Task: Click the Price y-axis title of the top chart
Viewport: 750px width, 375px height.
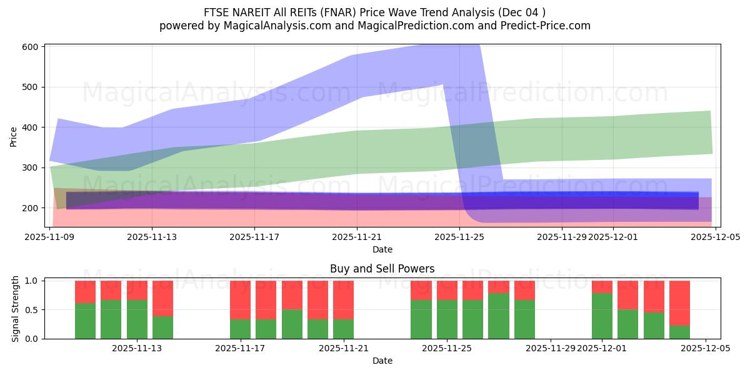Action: pyautogui.click(x=13, y=136)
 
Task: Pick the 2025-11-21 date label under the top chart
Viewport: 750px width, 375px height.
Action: pyautogui.click(x=357, y=237)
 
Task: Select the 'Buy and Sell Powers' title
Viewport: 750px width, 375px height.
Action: pyautogui.click(x=382, y=269)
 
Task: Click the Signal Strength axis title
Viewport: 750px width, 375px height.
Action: pyautogui.click(x=16, y=309)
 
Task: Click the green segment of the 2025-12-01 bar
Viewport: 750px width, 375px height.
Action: pyautogui.click(x=602, y=316)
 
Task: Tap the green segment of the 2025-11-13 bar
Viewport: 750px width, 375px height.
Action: pyautogui.click(x=162, y=327)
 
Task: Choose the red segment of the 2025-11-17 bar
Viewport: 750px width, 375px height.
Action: pyautogui.click(x=240, y=300)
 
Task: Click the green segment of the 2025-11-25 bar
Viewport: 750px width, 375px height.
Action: pyautogui.click(x=447, y=319)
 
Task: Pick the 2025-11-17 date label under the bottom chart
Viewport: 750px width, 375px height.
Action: pyautogui.click(x=240, y=348)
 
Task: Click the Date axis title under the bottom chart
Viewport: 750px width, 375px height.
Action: pyautogui.click(x=382, y=361)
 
